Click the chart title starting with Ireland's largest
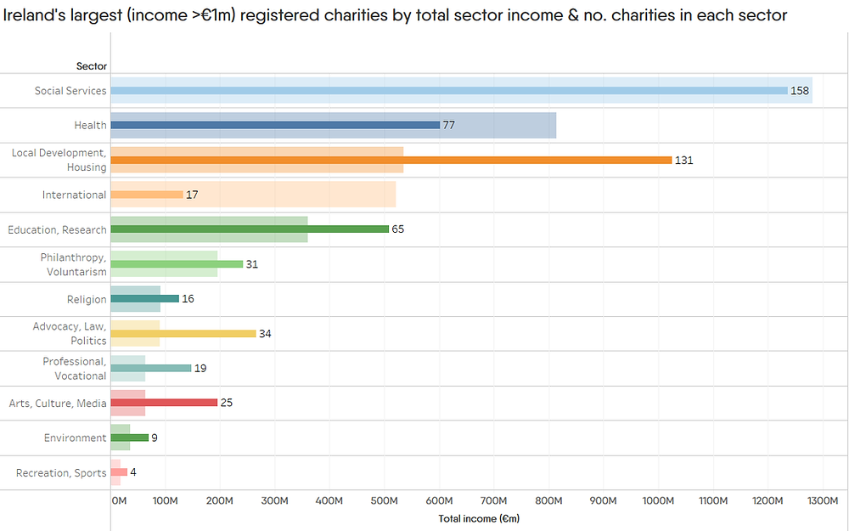tap(395, 14)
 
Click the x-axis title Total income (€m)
tap(479, 518)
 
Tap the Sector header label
tap(92, 66)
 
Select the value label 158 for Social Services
tap(800, 91)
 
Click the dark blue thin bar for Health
tap(275, 125)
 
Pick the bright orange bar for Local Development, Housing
tap(391, 160)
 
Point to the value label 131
tap(683, 160)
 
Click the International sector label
tap(75, 195)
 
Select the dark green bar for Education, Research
tap(250, 229)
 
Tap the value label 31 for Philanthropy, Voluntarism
tap(252, 264)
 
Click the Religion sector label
tap(87, 299)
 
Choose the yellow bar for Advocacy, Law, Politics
tap(183, 334)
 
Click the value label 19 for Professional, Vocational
tap(200, 369)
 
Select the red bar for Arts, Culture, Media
tap(164, 403)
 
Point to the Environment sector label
tap(76, 438)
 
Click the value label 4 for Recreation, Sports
tap(133, 472)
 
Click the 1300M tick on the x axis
tap(824, 501)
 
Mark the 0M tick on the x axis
tap(119, 501)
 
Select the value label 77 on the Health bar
tap(449, 125)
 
